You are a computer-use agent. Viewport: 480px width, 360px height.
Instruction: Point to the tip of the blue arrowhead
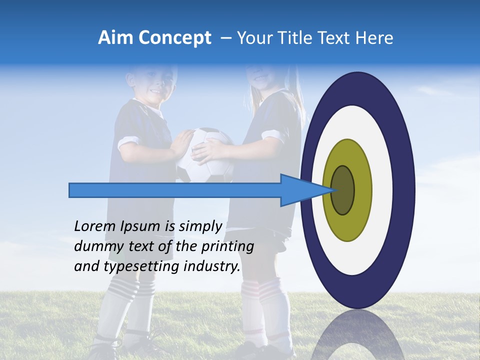[x=333, y=190]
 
